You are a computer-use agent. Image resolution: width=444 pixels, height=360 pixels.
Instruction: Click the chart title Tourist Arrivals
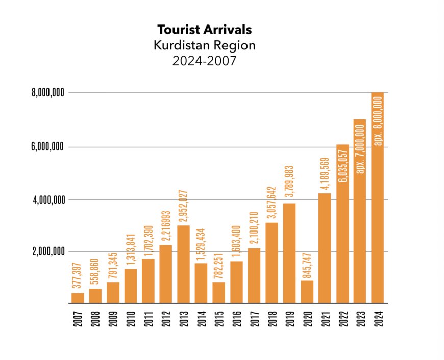204,29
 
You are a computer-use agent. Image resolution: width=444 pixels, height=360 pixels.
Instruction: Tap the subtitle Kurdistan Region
204,45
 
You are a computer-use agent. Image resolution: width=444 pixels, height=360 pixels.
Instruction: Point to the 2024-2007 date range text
204,62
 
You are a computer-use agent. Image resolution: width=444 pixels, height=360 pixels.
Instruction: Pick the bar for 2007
78,298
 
